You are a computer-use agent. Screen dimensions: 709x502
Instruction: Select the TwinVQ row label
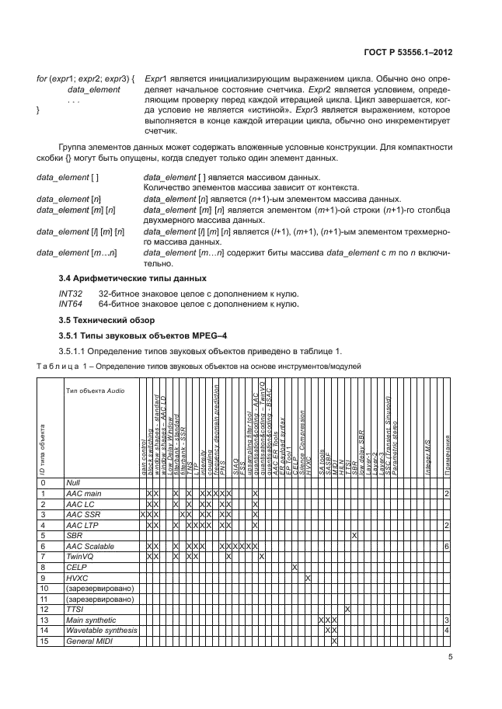81,556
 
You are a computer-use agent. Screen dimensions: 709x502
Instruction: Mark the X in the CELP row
295,567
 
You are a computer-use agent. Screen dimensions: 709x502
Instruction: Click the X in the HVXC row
309,578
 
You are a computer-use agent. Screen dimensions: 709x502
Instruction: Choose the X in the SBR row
354,535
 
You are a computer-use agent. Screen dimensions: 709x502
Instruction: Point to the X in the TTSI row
347,609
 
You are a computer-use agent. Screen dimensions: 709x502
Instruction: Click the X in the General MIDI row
334,641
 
